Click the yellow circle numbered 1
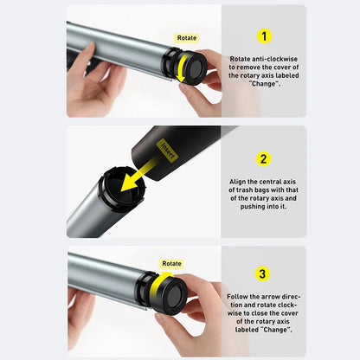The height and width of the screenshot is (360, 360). (264, 36)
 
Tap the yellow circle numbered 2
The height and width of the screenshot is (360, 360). (263, 159)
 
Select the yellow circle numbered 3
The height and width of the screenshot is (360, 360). (262, 273)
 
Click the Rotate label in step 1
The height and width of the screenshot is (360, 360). (187, 38)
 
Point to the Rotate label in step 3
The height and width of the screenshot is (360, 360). (171, 263)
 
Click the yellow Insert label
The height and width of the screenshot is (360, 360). (167, 150)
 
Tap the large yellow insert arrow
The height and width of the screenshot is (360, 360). (138, 177)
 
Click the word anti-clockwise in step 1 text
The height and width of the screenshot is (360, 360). (274, 59)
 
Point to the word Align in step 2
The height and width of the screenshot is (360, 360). (238, 182)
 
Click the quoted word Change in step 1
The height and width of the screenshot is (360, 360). (264, 84)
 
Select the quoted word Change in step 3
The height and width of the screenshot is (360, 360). (276, 330)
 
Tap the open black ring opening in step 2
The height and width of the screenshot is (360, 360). (121, 188)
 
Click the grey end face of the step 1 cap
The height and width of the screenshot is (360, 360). (196, 68)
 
